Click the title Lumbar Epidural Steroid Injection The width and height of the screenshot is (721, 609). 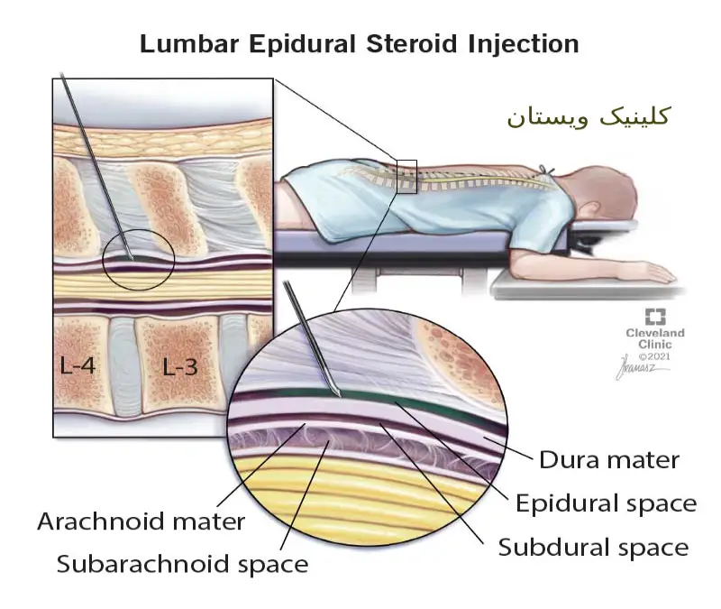[x=359, y=42]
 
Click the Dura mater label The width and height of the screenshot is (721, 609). [x=608, y=460]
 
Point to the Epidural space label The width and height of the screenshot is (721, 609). [x=606, y=503]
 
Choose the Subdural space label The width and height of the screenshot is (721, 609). [x=593, y=546]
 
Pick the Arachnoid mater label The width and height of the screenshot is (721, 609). [x=141, y=521]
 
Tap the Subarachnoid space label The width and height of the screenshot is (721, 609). [x=182, y=565]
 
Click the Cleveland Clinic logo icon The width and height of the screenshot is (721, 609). [x=655, y=317]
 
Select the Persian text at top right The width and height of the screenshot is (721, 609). [x=588, y=117]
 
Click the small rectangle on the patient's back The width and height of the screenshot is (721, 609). [x=406, y=177]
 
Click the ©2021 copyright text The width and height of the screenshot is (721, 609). [x=655, y=355]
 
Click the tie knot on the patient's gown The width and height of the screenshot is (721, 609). [x=545, y=169]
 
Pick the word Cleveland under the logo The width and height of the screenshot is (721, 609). [x=655, y=333]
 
